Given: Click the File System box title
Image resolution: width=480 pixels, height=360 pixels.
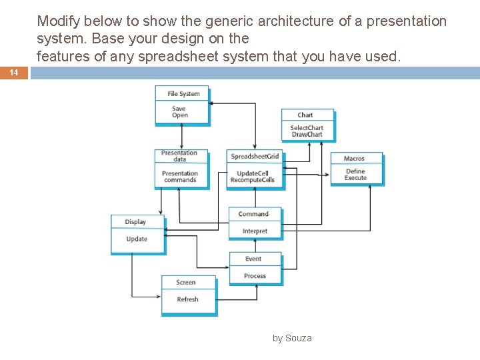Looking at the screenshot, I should [x=183, y=94].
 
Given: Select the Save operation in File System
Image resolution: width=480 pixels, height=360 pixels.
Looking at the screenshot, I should [x=179, y=109].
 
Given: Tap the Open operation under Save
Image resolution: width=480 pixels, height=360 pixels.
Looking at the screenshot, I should [x=180, y=115].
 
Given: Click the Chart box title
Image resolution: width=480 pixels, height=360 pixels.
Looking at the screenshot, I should [x=305, y=115].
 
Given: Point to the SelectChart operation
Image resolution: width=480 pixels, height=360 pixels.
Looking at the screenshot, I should [x=307, y=128].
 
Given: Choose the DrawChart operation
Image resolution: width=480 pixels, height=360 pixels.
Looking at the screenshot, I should [x=307, y=135].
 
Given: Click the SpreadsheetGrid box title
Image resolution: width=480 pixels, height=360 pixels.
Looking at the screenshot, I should [x=255, y=157].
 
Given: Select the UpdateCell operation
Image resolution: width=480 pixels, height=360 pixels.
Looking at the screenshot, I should [x=253, y=173].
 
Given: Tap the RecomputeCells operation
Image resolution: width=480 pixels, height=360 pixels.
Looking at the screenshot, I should [x=253, y=180].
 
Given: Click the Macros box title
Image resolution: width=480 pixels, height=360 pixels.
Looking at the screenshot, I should [x=354, y=159].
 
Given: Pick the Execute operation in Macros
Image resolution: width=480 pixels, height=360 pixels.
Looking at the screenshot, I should [x=355, y=178].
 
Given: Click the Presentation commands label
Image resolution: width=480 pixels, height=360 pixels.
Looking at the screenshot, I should [x=180, y=177].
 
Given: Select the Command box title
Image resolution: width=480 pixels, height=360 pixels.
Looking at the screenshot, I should [x=253, y=214].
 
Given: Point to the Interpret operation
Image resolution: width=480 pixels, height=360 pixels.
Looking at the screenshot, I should [x=255, y=231].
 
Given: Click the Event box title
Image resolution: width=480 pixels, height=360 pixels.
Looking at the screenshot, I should [x=253, y=259].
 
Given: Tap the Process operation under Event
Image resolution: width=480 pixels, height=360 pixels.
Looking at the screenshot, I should [x=255, y=276].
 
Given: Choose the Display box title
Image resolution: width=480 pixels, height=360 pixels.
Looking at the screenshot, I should [x=135, y=222].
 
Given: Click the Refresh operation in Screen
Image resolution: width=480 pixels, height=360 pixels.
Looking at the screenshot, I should [x=187, y=299].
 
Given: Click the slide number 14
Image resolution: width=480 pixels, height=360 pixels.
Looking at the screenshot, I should [x=14, y=73].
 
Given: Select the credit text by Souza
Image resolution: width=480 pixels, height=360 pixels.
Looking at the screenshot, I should [x=292, y=338].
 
